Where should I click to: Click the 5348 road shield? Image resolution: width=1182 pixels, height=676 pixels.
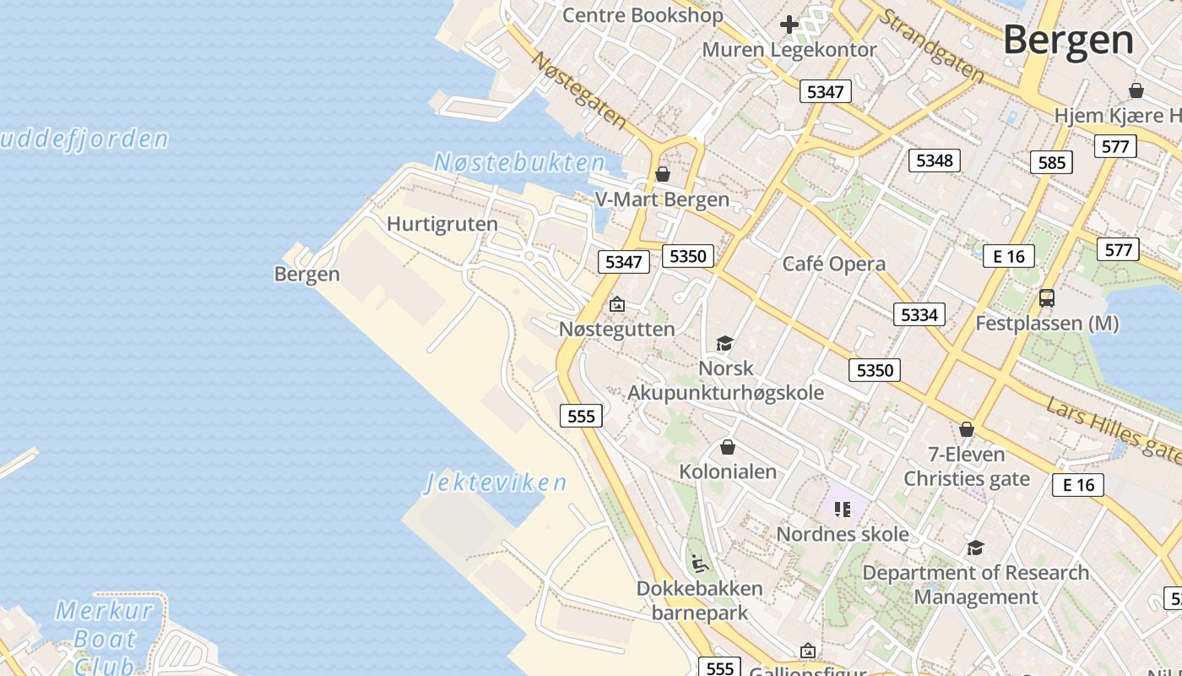(934, 161)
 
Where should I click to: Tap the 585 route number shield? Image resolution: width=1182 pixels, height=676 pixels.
(1051, 162)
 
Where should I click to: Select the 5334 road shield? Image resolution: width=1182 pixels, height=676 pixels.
(919, 315)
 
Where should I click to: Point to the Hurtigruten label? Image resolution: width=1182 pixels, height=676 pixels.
(442, 225)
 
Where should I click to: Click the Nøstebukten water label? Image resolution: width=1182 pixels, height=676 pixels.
(519, 163)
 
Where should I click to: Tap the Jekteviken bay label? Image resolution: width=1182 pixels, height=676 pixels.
(496, 483)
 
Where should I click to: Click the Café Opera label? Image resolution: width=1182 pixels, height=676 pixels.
(833, 264)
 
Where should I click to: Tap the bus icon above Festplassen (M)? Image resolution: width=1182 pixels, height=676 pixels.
(1046, 298)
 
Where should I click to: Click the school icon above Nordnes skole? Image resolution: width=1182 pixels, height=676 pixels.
(842, 510)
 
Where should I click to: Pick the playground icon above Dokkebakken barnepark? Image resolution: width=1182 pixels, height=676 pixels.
(699, 563)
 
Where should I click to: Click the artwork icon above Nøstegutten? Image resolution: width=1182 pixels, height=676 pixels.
(617, 304)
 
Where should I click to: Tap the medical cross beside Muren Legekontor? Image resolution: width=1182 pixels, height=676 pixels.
(789, 25)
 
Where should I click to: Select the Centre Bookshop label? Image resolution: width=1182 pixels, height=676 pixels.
(643, 15)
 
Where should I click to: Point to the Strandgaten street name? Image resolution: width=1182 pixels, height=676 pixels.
(931, 46)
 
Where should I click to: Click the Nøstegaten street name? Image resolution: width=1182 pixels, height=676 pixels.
(580, 90)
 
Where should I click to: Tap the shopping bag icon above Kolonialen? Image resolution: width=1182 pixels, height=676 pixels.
(727, 447)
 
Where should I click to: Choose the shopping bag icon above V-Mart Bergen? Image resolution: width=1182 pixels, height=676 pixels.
(663, 174)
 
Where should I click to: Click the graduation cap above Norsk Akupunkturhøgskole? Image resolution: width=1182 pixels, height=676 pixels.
(724, 343)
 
